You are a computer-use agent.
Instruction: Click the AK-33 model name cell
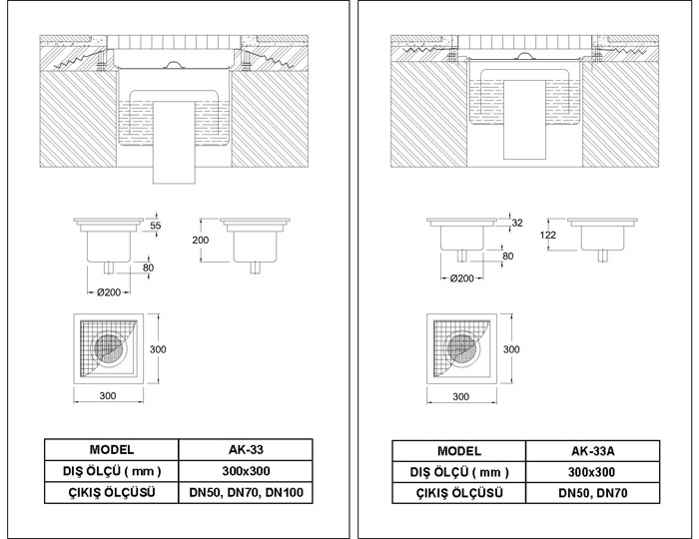246,450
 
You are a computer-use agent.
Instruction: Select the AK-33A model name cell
593,451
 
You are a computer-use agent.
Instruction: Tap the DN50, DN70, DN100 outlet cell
246,493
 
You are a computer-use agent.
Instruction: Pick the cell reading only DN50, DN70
593,493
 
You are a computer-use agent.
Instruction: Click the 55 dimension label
155,226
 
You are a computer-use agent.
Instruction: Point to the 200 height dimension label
200,241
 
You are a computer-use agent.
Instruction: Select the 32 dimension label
516,223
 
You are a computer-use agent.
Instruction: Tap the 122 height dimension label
548,235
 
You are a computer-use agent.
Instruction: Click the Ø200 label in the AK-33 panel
109,292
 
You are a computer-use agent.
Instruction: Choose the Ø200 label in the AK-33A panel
461,278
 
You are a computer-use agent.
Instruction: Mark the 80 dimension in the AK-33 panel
148,268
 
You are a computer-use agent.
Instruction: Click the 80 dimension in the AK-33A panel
507,257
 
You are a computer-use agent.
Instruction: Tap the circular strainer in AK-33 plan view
110,348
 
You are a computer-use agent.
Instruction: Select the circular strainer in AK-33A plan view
463,348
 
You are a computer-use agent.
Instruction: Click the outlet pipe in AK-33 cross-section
175,142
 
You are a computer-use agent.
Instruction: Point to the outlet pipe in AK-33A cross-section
525,120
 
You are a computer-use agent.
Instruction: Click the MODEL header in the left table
112,450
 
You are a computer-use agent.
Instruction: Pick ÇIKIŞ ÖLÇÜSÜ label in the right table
459,493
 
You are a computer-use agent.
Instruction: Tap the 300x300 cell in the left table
246,471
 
